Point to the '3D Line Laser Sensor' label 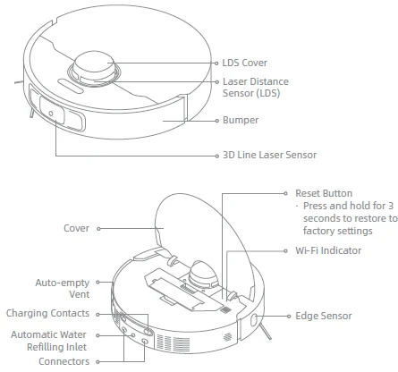click(268, 155)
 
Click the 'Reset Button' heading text click(324, 192)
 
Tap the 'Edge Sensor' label click(326, 316)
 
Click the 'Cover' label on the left click(76, 228)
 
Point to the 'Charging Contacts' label click(47, 314)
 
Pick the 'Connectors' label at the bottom click(64, 361)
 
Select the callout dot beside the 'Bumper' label click(216, 119)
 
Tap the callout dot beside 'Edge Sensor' click(291, 316)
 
